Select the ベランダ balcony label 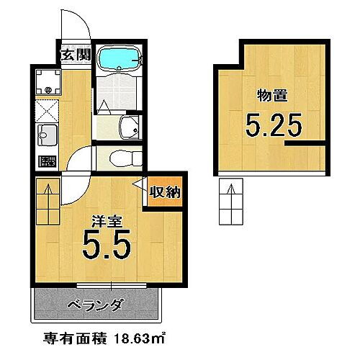pyautogui.click(x=94, y=305)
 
